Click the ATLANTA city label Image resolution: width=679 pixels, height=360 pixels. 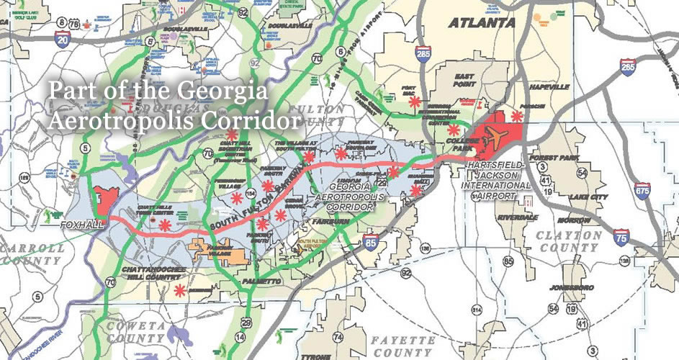click(x=482, y=22)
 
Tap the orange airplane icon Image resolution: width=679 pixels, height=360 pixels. click(x=495, y=135)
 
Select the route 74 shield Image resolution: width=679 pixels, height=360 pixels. click(x=337, y=337)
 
